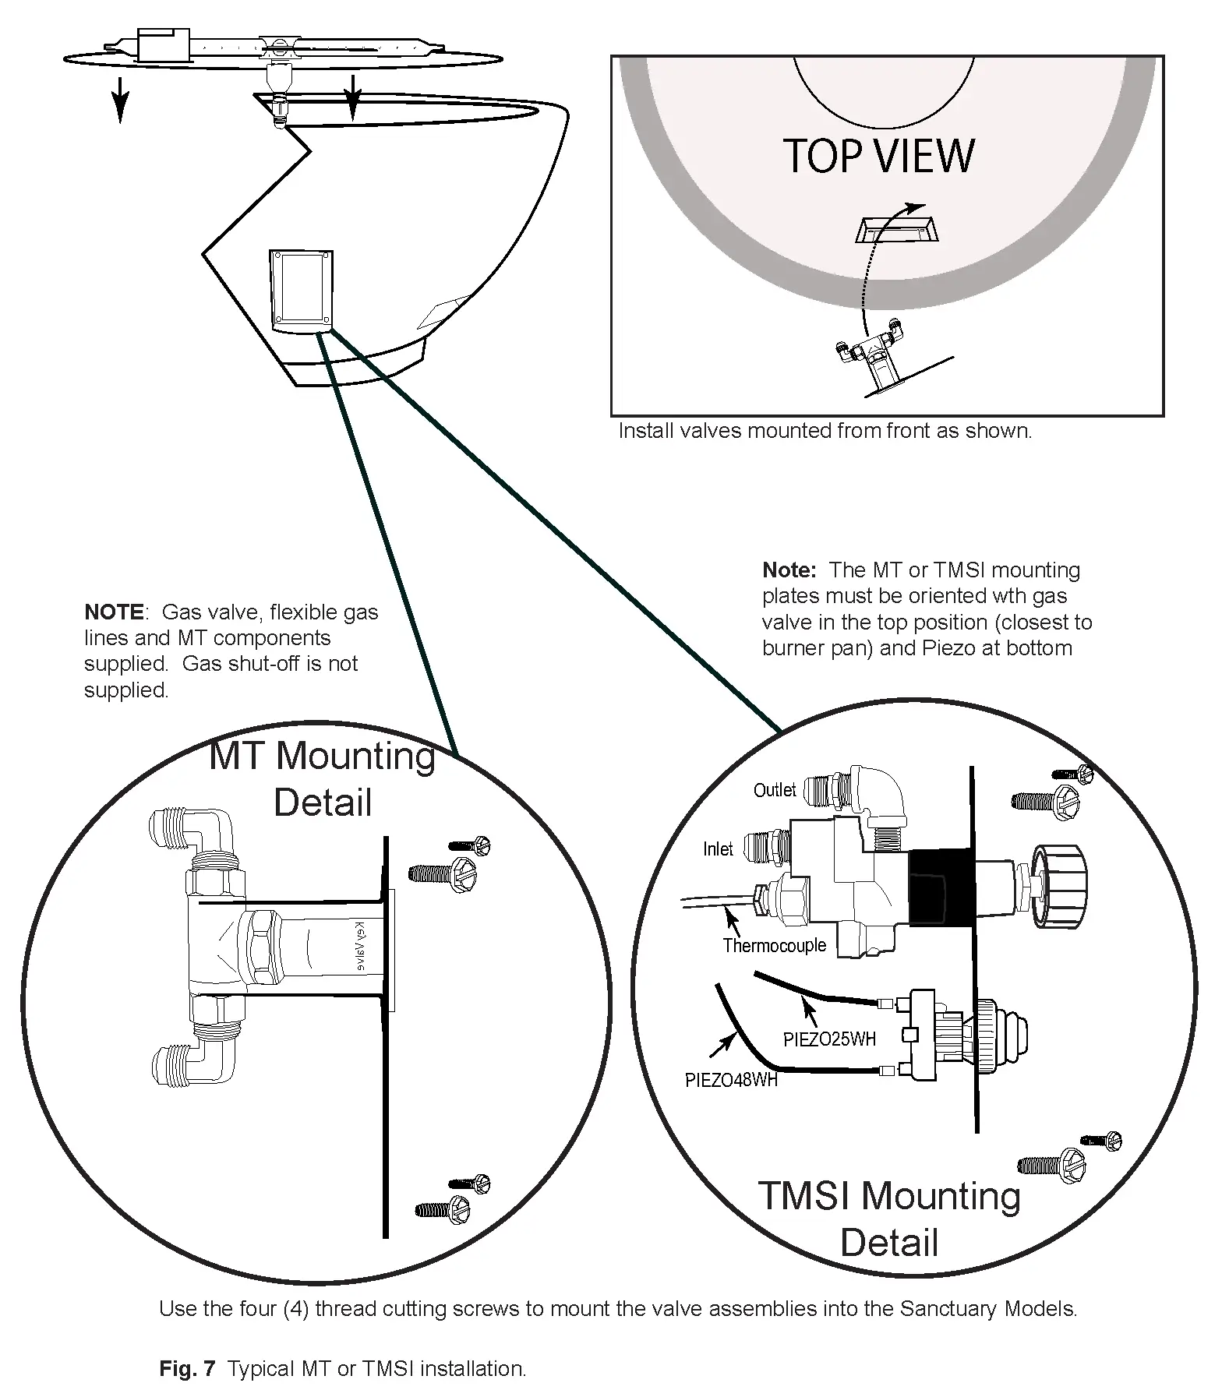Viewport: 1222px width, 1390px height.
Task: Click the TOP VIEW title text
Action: pyautogui.click(x=878, y=156)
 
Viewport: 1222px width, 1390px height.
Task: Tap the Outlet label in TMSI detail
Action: pyautogui.click(x=774, y=790)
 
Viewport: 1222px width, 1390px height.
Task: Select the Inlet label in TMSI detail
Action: pyautogui.click(x=718, y=848)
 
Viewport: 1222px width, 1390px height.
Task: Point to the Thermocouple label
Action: pyautogui.click(x=774, y=945)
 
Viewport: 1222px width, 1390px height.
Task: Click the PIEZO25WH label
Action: pyautogui.click(x=829, y=1039)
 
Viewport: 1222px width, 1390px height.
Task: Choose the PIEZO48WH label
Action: pyautogui.click(x=731, y=1080)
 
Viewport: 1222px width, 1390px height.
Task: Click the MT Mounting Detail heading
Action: pyautogui.click(x=323, y=779)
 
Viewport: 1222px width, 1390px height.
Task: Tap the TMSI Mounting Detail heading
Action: pyautogui.click(x=889, y=1219)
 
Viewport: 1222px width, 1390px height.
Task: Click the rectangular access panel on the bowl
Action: pyautogui.click(x=301, y=290)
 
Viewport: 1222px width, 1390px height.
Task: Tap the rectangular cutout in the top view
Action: pyautogui.click(x=896, y=231)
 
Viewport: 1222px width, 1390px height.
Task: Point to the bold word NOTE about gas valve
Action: pyautogui.click(x=114, y=612)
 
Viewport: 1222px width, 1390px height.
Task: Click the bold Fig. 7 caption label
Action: pyautogui.click(x=187, y=1368)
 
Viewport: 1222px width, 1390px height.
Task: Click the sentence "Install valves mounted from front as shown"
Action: pyautogui.click(x=825, y=431)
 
